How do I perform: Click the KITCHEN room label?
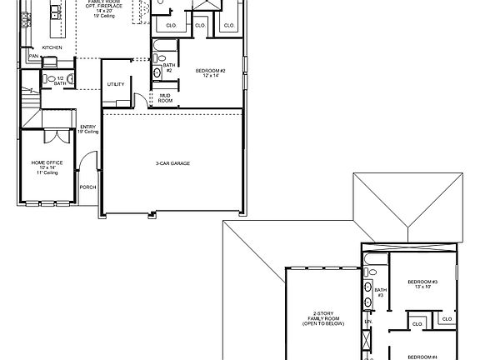(x=51, y=48)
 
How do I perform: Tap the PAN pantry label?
(x=32, y=56)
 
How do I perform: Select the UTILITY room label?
(x=116, y=84)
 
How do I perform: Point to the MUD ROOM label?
(x=165, y=97)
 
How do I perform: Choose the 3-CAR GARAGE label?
(x=172, y=162)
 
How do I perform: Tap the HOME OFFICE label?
(x=46, y=164)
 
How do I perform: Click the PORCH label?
(x=87, y=187)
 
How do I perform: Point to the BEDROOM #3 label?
(x=422, y=284)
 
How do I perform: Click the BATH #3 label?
(x=379, y=292)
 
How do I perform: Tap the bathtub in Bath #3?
(x=371, y=267)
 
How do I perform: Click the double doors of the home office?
(x=56, y=136)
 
